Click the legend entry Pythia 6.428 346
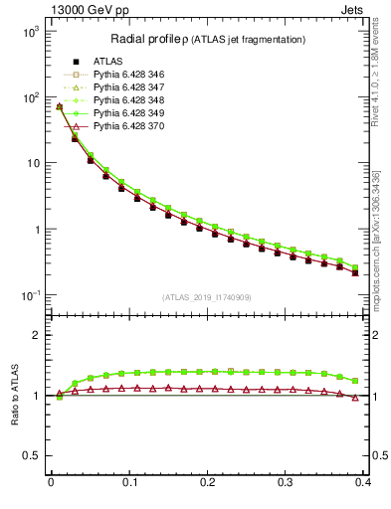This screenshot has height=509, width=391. [x=124, y=75]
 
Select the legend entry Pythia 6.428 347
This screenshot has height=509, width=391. [x=124, y=87]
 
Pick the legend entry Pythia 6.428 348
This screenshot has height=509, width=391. [x=124, y=100]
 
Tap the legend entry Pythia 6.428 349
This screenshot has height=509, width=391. [x=124, y=113]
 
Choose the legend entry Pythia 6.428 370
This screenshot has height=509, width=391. [x=124, y=126]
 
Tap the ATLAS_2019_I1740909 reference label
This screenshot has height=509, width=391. [x=207, y=296]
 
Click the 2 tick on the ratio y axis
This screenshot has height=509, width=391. [x=35, y=335]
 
